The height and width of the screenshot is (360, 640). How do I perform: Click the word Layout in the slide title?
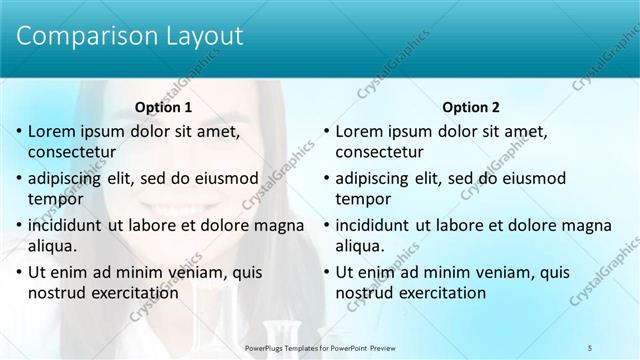click(x=198, y=36)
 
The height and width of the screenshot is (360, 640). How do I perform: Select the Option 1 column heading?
click(x=163, y=107)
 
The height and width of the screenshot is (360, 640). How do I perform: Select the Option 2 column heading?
click(x=470, y=107)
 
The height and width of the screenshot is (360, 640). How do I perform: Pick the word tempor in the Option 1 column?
click(x=55, y=198)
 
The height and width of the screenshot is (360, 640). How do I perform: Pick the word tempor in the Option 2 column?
click(x=362, y=198)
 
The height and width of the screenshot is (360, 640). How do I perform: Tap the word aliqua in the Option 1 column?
click(x=55, y=245)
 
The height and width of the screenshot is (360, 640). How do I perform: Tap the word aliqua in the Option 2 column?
click(x=362, y=245)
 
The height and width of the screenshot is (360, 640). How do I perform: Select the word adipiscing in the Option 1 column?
click(x=68, y=178)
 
